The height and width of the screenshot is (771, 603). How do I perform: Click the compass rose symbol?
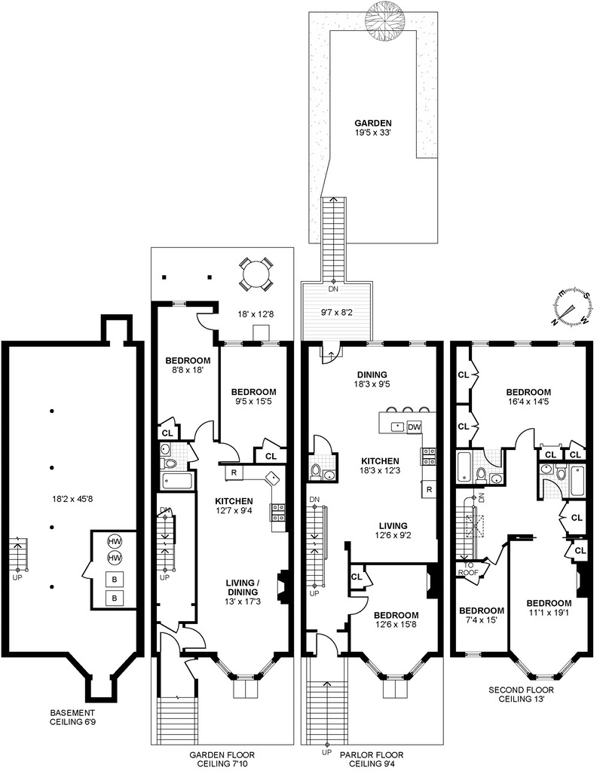click(x=571, y=306)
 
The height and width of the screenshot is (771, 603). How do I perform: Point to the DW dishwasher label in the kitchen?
click(x=413, y=427)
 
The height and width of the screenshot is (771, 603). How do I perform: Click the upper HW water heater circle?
click(x=115, y=541)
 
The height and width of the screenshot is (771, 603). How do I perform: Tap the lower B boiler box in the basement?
click(x=115, y=598)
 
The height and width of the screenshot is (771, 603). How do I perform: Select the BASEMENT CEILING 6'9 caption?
click(x=73, y=717)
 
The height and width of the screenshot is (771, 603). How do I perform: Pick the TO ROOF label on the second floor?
click(x=469, y=568)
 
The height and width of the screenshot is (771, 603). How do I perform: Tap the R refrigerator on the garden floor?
click(x=234, y=473)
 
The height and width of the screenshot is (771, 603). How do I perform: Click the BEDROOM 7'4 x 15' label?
click(x=481, y=615)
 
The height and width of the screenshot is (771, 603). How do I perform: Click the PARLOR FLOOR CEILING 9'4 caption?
click(x=371, y=760)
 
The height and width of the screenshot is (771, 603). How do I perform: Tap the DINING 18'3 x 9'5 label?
click(x=372, y=379)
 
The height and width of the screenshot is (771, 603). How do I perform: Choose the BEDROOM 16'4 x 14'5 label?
click(x=528, y=397)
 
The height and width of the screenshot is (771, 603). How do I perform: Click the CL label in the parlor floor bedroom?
click(x=356, y=577)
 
